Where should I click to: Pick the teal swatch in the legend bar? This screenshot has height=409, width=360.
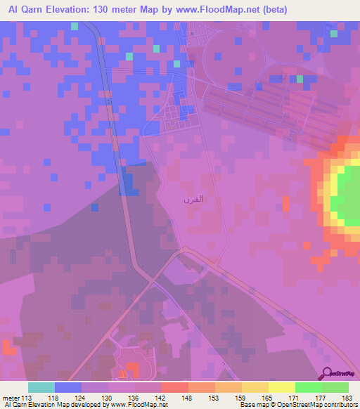41,387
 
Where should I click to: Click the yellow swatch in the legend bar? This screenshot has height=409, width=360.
281,387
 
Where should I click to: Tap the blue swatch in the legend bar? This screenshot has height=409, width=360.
68,387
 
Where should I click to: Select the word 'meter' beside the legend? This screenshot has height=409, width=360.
12,398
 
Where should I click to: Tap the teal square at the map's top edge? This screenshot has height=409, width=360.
75,26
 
